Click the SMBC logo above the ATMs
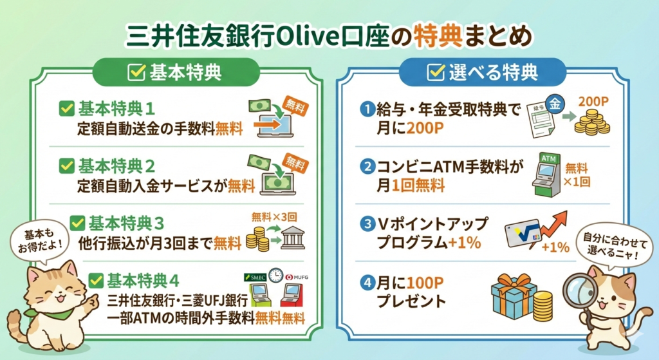(x=255, y=277)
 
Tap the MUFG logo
(x=297, y=277)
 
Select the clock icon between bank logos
(x=276, y=276)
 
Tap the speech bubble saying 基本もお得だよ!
(x=39, y=242)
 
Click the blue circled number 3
(x=367, y=223)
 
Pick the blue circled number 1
(x=367, y=109)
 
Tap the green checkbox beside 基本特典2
(x=67, y=166)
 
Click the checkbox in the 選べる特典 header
(x=436, y=72)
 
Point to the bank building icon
(x=293, y=238)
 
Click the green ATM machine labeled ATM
(x=546, y=174)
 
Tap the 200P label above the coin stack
(x=593, y=102)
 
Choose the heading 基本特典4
(x=143, y=281)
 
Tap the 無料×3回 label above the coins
(x=274, y=217)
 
